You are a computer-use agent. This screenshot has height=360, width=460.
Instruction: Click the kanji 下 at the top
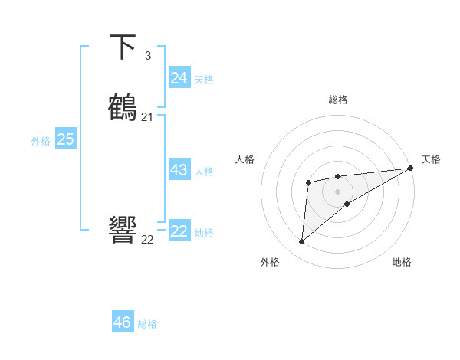click(x=123, y=47)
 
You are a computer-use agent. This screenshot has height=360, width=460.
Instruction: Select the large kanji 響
click(x=123, y=231)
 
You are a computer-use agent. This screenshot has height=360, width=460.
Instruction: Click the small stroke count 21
click(x=147, y=117)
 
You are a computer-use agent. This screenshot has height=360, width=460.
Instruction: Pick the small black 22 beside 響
click(x=147, y=239)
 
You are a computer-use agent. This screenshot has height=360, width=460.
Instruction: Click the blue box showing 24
click(x=179, y=78)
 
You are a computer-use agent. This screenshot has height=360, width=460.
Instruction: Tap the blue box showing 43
click(x=179, y=170)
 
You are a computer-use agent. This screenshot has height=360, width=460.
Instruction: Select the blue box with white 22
click(x=179, y=231)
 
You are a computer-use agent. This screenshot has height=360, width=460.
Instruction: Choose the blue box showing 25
click(x=65, y=139)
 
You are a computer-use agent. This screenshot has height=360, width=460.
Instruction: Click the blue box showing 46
click(x=123, y=322)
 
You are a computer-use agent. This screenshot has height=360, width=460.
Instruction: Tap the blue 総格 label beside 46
click(x=147, y=324)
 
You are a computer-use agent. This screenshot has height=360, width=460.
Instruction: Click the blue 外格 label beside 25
click(x=41, y=141)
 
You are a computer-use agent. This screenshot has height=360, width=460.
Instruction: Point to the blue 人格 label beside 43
click(x=205, y=172)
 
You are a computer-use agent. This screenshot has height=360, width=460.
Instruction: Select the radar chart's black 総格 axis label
click(x=338, y=100)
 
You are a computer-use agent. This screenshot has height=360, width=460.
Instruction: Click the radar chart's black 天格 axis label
click(x=431, y=159)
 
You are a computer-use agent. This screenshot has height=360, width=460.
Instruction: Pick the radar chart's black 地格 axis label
click(x=402, y=262)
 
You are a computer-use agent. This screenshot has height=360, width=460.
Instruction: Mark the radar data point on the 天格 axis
click(x=411, y=169)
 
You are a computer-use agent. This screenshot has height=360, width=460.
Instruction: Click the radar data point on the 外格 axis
click(x=302, y=242)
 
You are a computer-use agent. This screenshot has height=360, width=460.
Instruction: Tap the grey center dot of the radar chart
click(x=338, y=191)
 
